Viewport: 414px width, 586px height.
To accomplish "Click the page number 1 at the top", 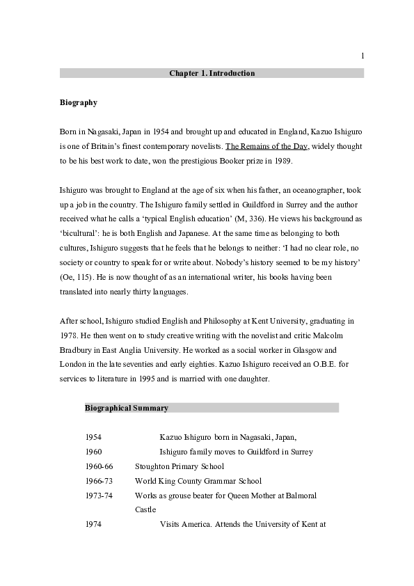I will tap(363, 56).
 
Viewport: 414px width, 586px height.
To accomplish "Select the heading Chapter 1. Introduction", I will tap(212, 73).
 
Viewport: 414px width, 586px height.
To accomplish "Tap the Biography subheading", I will tap(78, 103).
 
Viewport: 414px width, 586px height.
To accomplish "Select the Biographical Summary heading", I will tap(127, 408).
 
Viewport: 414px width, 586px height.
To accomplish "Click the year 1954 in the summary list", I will tap(93, 437).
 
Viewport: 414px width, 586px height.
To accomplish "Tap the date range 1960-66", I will tap(99, 466).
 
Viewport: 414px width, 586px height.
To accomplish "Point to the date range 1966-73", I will tap(99, 481).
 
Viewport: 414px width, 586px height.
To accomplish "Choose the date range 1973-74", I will tap(99, 496).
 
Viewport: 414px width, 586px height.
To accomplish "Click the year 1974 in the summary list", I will tap(93, 524).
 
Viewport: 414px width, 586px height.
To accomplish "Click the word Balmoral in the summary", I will tap(300, 496).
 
